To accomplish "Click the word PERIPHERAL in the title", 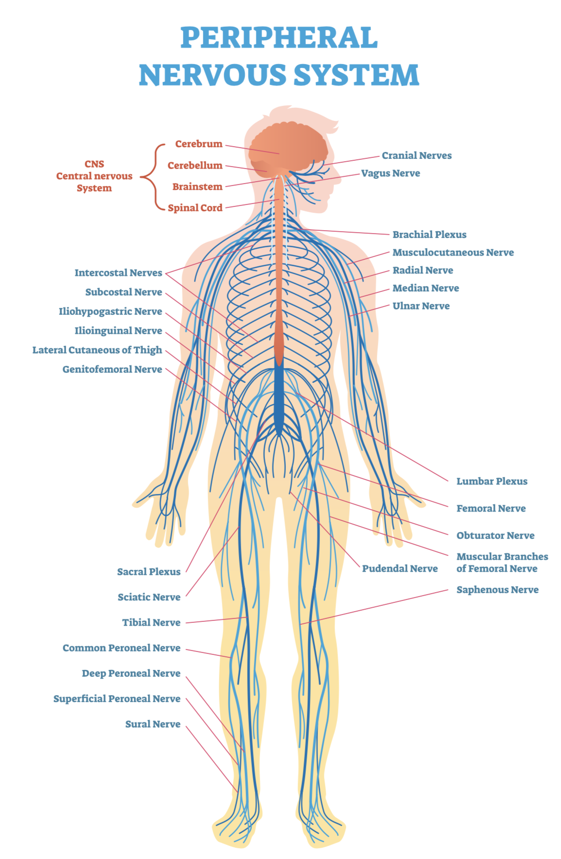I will tap(279, 38).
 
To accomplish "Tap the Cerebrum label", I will tap(198, 144).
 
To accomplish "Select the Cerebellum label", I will tap(194, 165).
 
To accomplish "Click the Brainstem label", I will tap(197, 187).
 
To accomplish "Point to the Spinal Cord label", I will tap(195, 208).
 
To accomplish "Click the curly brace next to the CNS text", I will tap(152, 176).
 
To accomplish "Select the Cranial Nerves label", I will tap(416, 155).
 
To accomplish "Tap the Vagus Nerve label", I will tap(390, 173).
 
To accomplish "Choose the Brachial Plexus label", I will tap(429, 235).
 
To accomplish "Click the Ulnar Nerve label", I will tap(421, 306).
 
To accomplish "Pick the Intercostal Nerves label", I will tap(118, 273).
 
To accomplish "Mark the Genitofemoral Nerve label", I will tap(112, 369).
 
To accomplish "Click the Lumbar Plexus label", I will tap(491, 481).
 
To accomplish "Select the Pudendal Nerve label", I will tap(400, 568).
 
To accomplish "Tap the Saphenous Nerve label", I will tap(497, 590).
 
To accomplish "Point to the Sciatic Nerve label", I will tap(149, 597).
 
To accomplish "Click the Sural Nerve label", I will tap(153, 724).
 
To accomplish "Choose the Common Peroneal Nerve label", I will tap(121, 648).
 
